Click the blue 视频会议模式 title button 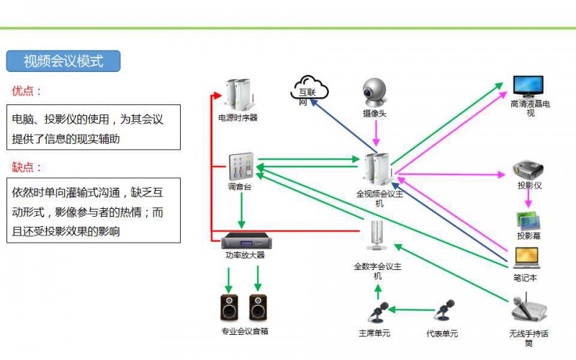[63, 61]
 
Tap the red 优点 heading [27, 91]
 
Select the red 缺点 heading [27, 167]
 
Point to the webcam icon [375, 92]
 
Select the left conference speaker [229, 307]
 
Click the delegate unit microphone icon [444, 311]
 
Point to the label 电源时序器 [238, 117]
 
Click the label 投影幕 [528, 236]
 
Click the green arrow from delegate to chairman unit [410, 310]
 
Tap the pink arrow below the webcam [375, 135]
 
